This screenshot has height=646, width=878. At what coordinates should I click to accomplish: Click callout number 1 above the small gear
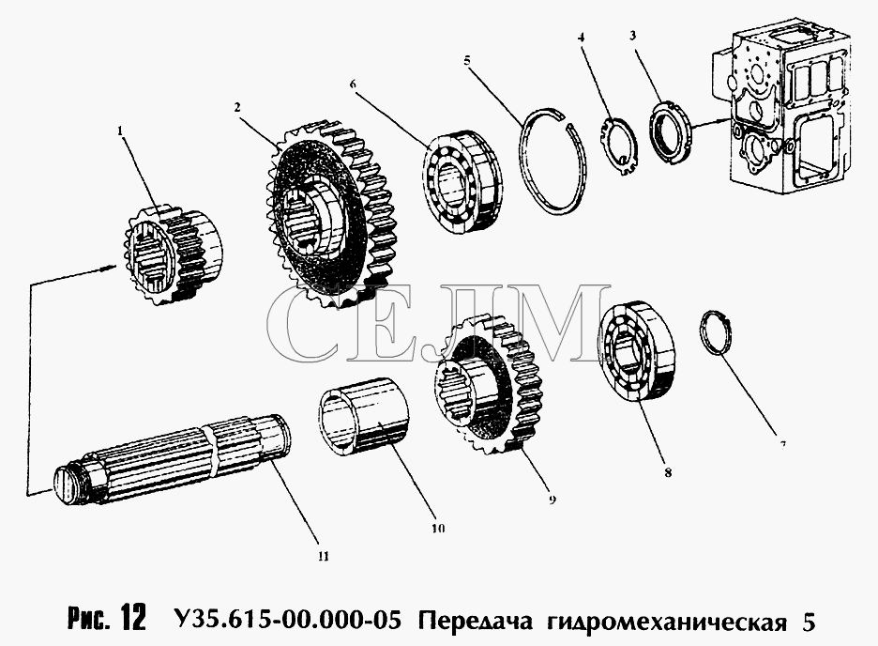click(119, 131)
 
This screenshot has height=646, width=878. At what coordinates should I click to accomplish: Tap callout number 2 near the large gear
click(237, 107)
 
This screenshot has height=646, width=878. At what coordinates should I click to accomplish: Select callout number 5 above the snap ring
click(467, 60)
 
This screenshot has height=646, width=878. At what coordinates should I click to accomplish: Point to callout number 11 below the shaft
click(323, 557)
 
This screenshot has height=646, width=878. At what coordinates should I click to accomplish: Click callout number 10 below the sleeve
click(438, 529)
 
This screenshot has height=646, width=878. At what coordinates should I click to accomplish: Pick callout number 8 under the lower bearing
click(668, 473)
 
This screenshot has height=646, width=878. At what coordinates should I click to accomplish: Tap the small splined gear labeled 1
click(172, 255)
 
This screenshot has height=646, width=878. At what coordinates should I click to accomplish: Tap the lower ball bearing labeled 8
click(636, 352)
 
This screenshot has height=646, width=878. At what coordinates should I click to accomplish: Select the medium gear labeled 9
click(489, 386)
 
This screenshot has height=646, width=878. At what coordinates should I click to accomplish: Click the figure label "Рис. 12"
click(107, 618)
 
